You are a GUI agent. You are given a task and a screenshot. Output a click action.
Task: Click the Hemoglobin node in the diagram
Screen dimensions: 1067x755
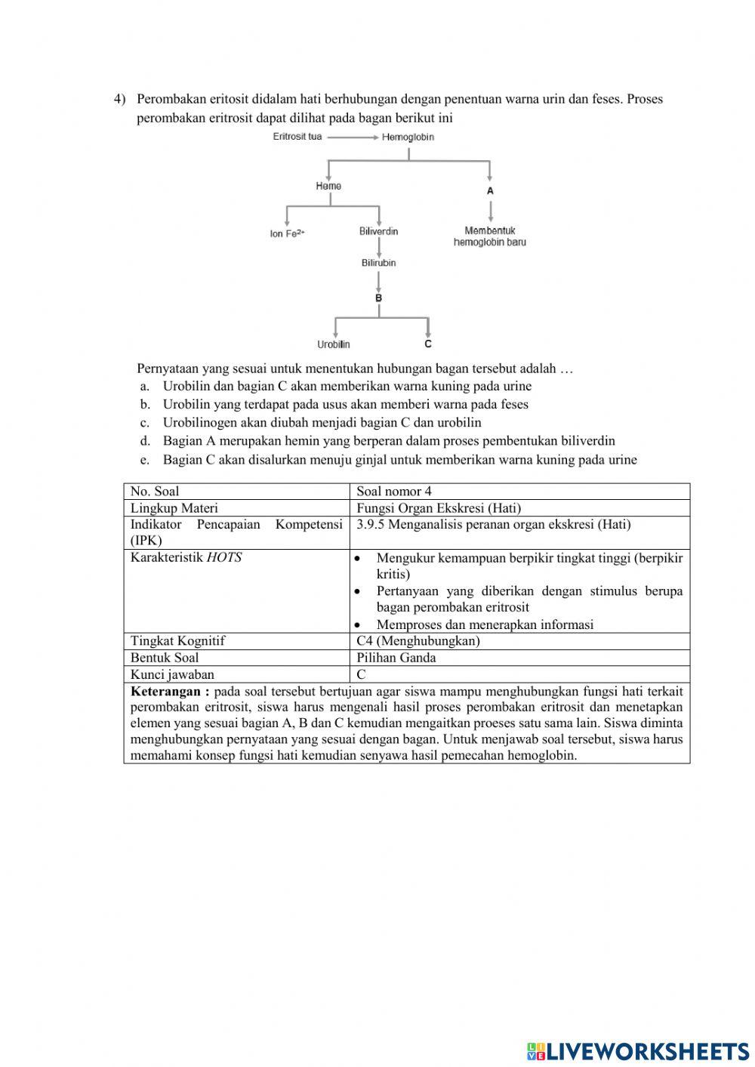[x=408, y=137]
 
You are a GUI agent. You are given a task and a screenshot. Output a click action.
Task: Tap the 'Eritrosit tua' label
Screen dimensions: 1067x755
[x=297, y=137]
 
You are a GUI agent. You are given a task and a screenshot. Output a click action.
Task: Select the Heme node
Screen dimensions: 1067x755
[x=328, y=186]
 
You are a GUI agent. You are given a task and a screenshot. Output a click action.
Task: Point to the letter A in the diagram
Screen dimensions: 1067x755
[x=490, y=191]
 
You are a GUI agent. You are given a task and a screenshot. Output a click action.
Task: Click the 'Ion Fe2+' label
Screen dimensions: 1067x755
[x=287, y=233]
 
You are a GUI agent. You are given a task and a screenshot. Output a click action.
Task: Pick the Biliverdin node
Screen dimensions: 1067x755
[x=378, y=231]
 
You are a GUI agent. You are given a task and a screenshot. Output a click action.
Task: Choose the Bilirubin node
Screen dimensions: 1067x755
[x=378, y=263]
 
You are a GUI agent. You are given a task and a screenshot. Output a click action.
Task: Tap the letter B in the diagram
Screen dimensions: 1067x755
[x=378, y=298]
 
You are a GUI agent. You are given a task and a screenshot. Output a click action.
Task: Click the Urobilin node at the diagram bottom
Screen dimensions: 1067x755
[x=334, y=344]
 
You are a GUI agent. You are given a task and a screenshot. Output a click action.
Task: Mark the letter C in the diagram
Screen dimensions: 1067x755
[x=428, y=344]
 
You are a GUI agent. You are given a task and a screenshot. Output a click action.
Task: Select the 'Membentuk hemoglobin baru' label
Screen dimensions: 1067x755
[x=490, y=236]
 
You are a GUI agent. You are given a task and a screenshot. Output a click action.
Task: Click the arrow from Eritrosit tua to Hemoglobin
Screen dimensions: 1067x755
[x=353, y=137]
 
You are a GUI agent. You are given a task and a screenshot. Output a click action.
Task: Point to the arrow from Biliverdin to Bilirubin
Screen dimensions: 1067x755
[x=378, y=247]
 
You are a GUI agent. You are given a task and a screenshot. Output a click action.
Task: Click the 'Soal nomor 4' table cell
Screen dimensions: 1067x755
[x=394, y=492]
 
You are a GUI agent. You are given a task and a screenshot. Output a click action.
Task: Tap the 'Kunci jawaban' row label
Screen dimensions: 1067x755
[x=172, y=674]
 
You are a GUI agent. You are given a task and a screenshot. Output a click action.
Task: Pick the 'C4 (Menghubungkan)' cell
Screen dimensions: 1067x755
[x=418, y=641]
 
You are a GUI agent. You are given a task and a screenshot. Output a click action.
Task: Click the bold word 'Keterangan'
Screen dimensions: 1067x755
[x=165, y=691]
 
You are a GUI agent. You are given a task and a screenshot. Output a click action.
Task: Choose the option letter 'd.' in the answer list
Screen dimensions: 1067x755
[x=145, y=441]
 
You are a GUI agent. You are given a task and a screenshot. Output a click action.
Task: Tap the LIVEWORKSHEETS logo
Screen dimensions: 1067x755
[x=637, y=1051]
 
